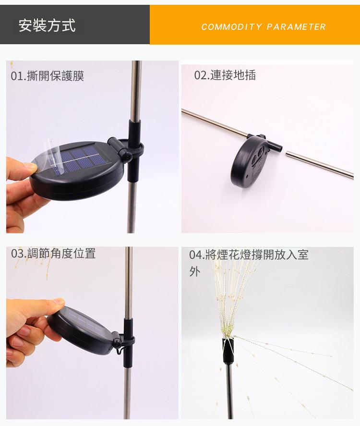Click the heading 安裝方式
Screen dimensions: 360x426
47,25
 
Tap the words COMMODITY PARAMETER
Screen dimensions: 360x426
264,26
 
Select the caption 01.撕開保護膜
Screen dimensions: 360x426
48,75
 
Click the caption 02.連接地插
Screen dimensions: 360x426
225,75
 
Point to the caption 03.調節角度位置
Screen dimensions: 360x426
53,253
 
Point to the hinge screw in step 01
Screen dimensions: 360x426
127,157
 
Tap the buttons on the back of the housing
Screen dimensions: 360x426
257,157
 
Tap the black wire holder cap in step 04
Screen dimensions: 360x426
228,350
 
